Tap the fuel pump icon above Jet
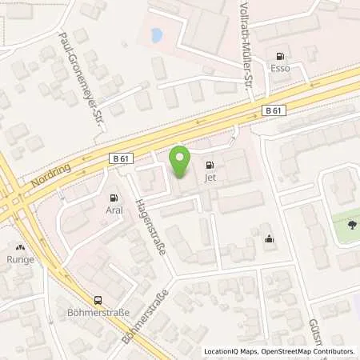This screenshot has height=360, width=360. tap(210, 166)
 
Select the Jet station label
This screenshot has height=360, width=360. tap(210, 178)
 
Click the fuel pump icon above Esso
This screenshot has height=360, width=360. tap(280, 56)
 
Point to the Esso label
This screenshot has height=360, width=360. tap(280, 69)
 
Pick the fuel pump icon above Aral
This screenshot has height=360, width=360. tap(114, 198)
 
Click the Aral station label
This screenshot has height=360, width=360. tap(114, 210)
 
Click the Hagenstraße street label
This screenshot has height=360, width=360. tap(151, 227)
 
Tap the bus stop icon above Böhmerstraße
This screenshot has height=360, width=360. tap(98, 301)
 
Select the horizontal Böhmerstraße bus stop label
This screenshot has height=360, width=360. tap(98, 314)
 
